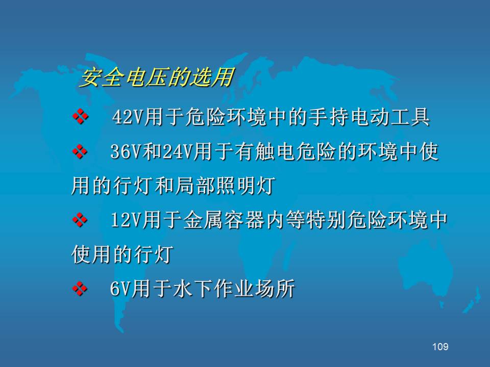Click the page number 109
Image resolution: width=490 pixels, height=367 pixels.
[x=440, y=347]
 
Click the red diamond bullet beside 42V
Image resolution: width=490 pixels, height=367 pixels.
[x=80, y=117]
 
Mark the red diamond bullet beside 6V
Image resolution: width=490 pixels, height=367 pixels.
[x=80, y=289]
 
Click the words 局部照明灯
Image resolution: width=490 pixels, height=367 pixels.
[x=225, y=186]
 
